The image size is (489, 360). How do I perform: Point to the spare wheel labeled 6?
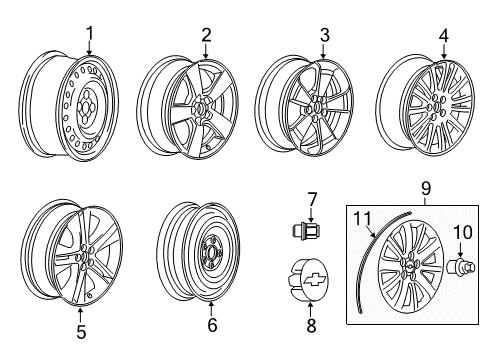(199, 249)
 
